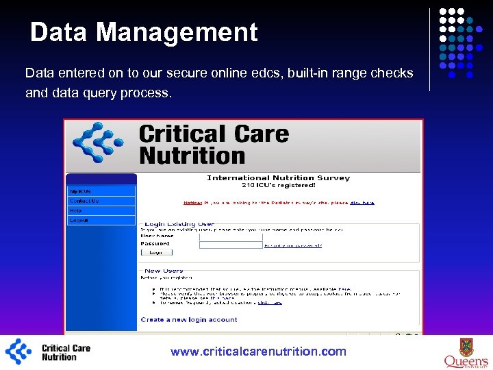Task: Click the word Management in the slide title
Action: pos(177,32)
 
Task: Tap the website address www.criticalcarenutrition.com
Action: pos(258,351)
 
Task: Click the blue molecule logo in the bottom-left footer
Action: pos(18,351)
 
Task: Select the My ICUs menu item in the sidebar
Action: pos(80,191)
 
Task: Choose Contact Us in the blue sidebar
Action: pos(84,201)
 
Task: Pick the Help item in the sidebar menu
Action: pos(75,210)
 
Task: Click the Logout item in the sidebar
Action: pos(79,221)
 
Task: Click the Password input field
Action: pos(230,244)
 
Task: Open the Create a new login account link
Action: pos(189,319)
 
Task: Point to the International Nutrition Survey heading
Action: pos(278,178)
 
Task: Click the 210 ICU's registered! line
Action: pos(278,185)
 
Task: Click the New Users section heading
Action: pos(164,271)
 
